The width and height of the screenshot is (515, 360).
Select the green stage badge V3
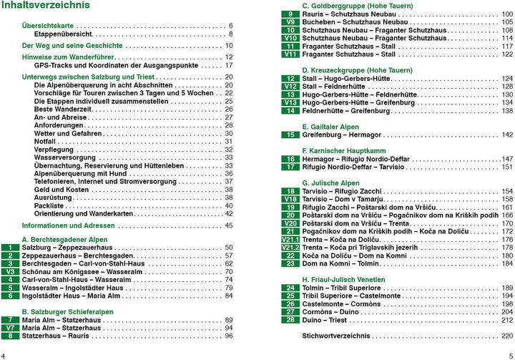pos(11,272)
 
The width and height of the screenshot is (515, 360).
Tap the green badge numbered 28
pos(290,319)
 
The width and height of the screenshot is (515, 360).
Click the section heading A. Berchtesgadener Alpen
pos(65,239)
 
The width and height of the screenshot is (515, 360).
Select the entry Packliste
pos(50,205)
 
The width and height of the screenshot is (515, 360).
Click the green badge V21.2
pos(290,247)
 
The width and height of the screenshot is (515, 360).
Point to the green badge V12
pos(290,87)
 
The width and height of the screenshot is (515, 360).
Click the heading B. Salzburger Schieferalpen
pos(68,311)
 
